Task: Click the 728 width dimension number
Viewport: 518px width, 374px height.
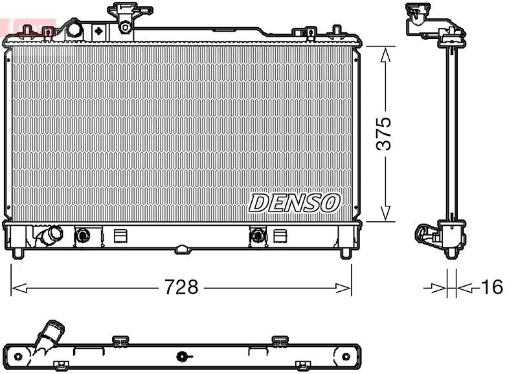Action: pyautogui.click(x=181, y=287)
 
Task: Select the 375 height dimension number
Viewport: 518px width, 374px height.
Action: pyautogui.click(x=383, y=133)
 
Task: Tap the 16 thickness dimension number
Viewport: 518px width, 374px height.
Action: pyautogui.click(x=492, y=287)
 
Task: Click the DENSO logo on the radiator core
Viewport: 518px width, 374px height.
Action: pyautogui.click(x=294, y=203)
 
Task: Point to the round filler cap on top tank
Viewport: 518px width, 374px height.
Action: pyautogui.click(x=74, y=30)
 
